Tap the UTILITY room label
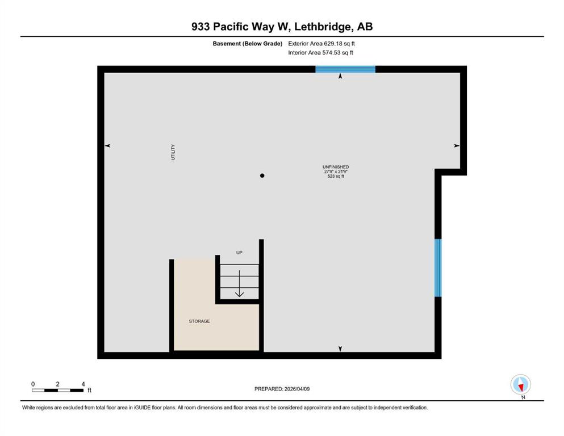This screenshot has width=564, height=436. [173, 152]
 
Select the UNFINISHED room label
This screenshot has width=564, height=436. [336, 167]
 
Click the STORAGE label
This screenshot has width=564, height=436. [199, 321]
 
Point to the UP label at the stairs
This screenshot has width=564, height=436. [239, 252]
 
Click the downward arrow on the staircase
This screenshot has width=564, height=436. [240, 284]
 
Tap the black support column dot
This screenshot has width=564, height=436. [262, 175]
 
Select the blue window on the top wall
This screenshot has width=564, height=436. [345, 69]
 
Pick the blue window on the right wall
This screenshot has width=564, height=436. [438, 268]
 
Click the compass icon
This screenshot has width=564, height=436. [520, 384]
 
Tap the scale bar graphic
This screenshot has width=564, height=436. [57, 390]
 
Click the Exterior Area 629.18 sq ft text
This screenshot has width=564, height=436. [321, 44]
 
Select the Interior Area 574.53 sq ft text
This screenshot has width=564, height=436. [320, 52]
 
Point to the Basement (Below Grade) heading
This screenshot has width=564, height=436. [248, 44]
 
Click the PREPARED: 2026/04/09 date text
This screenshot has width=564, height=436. [282, 389]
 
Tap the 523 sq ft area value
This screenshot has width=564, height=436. [336, 176]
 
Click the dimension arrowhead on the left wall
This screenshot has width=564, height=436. [107, 145]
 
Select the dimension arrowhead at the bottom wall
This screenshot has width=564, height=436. [340, 349]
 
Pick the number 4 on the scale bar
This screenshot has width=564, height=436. [83, 384]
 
